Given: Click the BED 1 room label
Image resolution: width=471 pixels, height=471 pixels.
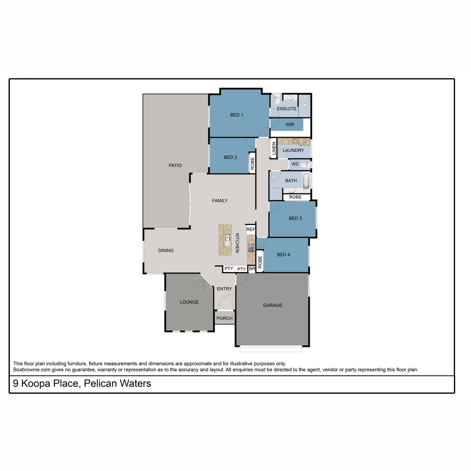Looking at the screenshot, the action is coord(236,115).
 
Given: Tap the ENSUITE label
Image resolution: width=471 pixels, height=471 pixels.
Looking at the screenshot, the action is coord(286,109).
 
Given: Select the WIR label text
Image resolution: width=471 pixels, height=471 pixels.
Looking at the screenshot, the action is coord(290,125).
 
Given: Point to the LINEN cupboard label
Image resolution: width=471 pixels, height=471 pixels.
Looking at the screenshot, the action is coord(274,148).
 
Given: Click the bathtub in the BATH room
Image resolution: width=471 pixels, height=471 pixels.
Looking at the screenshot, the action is coord(306,181).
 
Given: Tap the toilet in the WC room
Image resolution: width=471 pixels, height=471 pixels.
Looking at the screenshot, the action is coord(305,164).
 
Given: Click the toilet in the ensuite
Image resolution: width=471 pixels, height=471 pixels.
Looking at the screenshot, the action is coord(277,99).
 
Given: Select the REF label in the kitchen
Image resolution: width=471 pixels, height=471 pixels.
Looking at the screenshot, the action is coord(250,229).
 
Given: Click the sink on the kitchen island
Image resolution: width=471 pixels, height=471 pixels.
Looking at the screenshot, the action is coord(228,239).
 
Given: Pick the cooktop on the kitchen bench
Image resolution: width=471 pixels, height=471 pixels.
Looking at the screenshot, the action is coord(251,248).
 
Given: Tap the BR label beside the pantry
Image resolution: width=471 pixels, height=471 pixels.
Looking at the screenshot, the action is coord(252,268).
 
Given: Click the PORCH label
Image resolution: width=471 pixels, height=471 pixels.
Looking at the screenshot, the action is coord(225,318).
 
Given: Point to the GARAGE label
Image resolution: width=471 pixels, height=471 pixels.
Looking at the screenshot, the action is coord(272,305).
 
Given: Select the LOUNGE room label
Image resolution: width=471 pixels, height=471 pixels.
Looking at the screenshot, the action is coord(189,302).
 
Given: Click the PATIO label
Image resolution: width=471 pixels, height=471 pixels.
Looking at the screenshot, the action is coord(175,166).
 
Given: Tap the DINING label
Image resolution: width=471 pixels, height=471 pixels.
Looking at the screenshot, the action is coord(166,250).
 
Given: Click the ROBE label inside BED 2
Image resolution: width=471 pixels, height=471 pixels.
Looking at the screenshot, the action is coord(252,164).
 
